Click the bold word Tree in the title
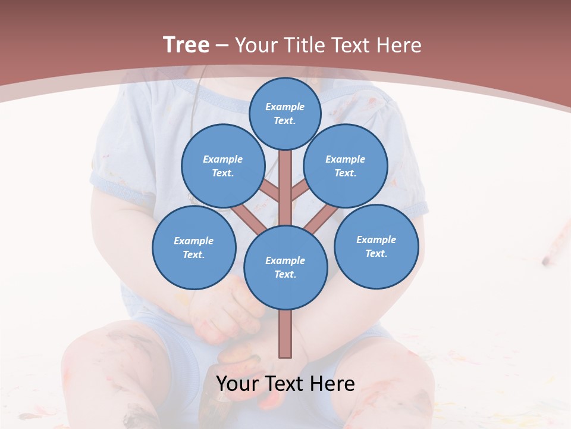point(186,45)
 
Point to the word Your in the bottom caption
point(239,384)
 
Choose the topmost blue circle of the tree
point(285,113)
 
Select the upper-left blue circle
point(222,166)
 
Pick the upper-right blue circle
point(346,166)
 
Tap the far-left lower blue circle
point(194,247)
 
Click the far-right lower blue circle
point(376,246)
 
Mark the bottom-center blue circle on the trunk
point(285,267)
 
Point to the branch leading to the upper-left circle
point(270,191)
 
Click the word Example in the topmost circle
point(285,107)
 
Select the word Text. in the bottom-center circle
point(285,274)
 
